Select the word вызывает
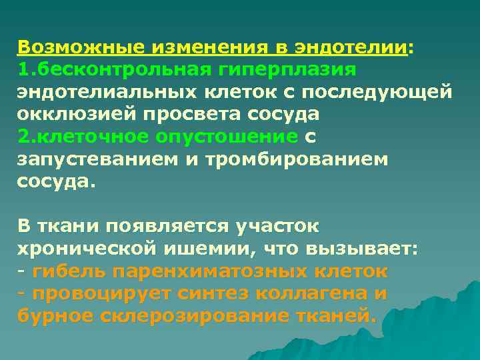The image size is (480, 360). click(x=361, y=249)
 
